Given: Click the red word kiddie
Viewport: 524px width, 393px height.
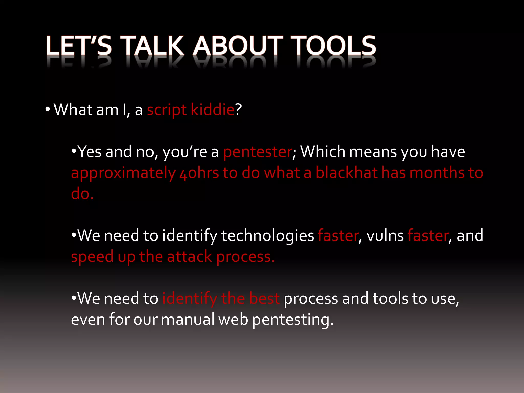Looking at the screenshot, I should click(x=212, y=110).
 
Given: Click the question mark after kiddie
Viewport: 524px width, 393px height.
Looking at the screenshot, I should click(x=238, y=110).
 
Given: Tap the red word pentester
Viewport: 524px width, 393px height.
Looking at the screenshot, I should click(x=257, y=152).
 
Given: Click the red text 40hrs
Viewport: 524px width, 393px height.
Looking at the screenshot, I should click(x=199, y=173).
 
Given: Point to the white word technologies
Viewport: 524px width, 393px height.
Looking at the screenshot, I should click(x=267, y=236).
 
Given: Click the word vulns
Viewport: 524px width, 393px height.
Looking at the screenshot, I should click(x=385, y=236).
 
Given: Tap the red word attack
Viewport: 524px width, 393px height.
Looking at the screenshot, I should click(x=189, y=257).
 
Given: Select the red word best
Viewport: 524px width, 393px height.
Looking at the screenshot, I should click(x=264, y=298).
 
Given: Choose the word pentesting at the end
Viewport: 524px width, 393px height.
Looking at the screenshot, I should click(x=293, y=320).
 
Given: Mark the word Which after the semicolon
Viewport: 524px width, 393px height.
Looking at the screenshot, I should click(x=323, y=151).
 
